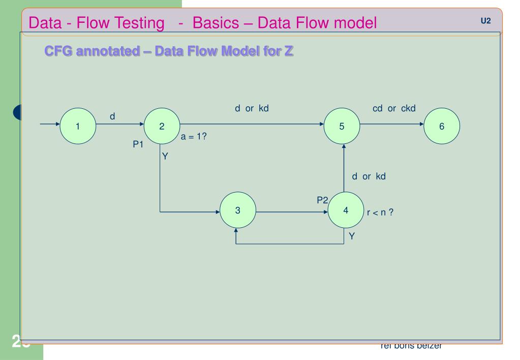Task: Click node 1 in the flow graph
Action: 78,127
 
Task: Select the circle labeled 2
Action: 162,127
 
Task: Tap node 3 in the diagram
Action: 238,211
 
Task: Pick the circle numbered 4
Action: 346,211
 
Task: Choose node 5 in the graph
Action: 342,127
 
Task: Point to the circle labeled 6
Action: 441,127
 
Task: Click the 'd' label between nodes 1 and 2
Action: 112,117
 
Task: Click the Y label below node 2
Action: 165,156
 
